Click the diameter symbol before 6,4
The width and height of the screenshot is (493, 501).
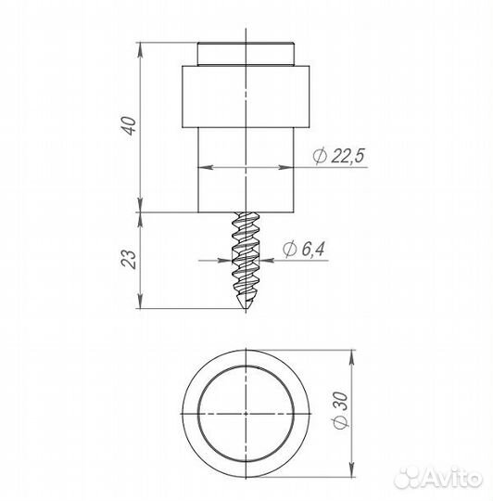[289, 249]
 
